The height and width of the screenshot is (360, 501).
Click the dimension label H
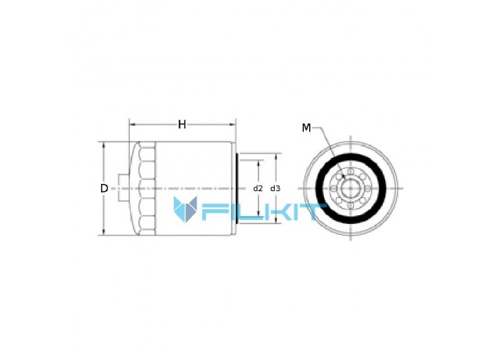tap(182, 124)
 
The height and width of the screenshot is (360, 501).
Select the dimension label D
tap(104, 189)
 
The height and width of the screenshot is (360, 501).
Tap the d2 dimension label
tap(258, 189)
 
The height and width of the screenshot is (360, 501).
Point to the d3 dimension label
tap(275, 189)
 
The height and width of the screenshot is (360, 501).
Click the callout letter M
tap(306, 128)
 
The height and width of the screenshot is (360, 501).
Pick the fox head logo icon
tap(186, 209)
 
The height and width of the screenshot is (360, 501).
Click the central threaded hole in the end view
tap(351, 189)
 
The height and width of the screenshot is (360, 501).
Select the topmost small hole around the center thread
tap(351, 172)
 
